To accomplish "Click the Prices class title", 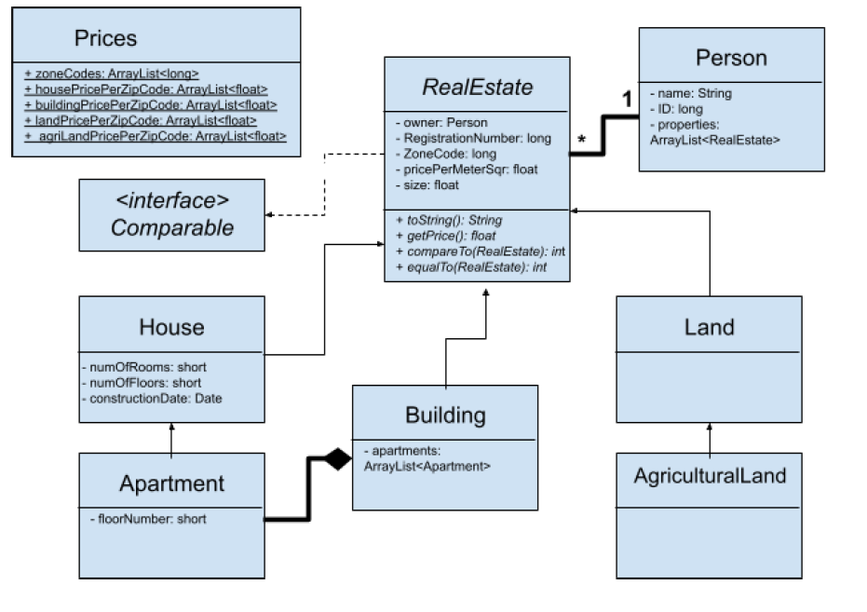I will coord(104,38).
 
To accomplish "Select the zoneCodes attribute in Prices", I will coord(111,73).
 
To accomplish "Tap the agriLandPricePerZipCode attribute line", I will coord(156,137).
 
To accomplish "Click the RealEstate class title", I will coord(477,88).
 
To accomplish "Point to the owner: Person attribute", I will coord(439,122).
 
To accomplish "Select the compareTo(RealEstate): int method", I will coord(481,252).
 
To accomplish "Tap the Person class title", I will coord(731,58).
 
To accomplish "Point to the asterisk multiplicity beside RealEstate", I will coord(582,141).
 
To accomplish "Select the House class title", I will coord(171,327).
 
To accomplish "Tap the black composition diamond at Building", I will coord(336,458).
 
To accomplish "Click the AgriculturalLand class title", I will coord(710,476).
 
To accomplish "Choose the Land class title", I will coord(709,327).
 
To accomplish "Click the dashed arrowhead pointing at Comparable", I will coord(270,215).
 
